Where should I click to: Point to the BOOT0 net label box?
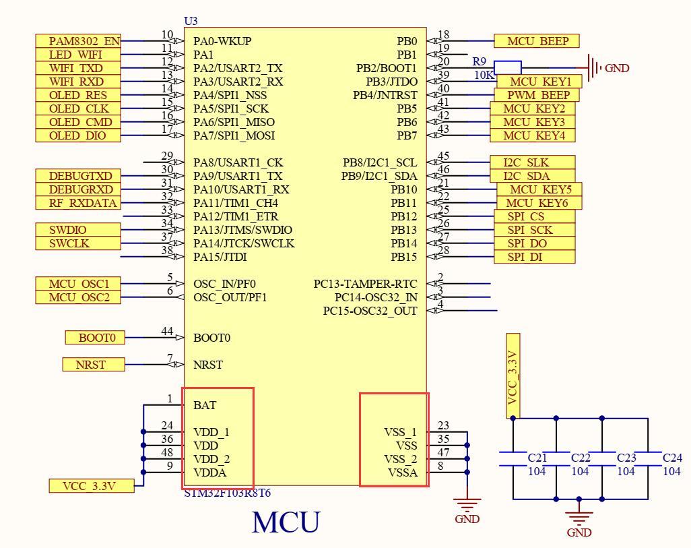[x=95, y=338]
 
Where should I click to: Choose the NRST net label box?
[x=94, y=365]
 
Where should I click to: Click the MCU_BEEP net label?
[x=536, y=41]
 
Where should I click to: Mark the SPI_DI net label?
[x=534, y=257]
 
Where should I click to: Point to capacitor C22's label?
[x=580, y=458]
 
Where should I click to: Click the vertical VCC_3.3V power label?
[x=513, y=375]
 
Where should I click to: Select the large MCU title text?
[x=286, y=522]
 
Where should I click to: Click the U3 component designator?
[x=191, y=22]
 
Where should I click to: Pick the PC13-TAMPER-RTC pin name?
[x=365, y=284]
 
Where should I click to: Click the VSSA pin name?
[x=402, y=473]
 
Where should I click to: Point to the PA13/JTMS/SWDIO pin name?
[x=243, y=230]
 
